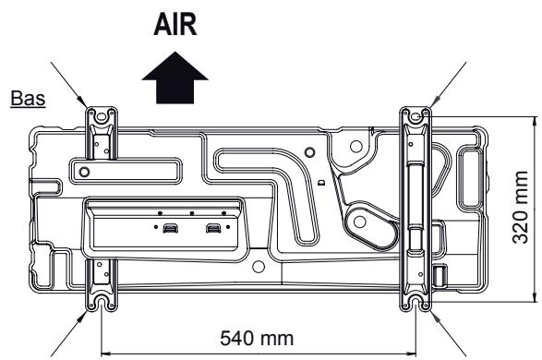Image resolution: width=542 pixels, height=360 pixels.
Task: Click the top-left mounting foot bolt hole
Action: [x=100, y=116]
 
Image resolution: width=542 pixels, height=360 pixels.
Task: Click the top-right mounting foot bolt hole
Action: [x=415, y=116]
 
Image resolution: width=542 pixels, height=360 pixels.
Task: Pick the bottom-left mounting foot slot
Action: [x=100, y=302]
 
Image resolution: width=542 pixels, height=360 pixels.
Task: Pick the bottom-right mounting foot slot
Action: [x=415, y=302]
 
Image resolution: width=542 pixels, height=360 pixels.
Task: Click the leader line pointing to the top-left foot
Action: [x=74, y=83]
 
